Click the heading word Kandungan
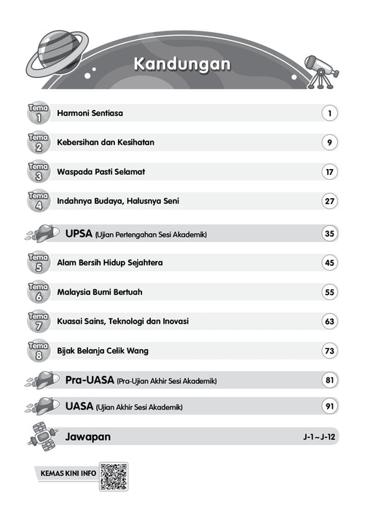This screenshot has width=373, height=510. [182, 64]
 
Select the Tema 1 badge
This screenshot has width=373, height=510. [38, 113]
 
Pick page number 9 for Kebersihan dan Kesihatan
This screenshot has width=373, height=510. [330, 143]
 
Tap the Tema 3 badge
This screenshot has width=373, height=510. [38, 172]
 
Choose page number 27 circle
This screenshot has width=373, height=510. [330, 201]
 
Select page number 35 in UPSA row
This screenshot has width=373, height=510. [330, 234]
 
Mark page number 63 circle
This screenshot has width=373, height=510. [330, 321]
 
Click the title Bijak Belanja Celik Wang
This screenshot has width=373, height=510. [103, 350]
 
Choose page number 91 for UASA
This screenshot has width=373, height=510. [330, 406]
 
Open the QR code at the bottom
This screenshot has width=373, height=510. [114, 476]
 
